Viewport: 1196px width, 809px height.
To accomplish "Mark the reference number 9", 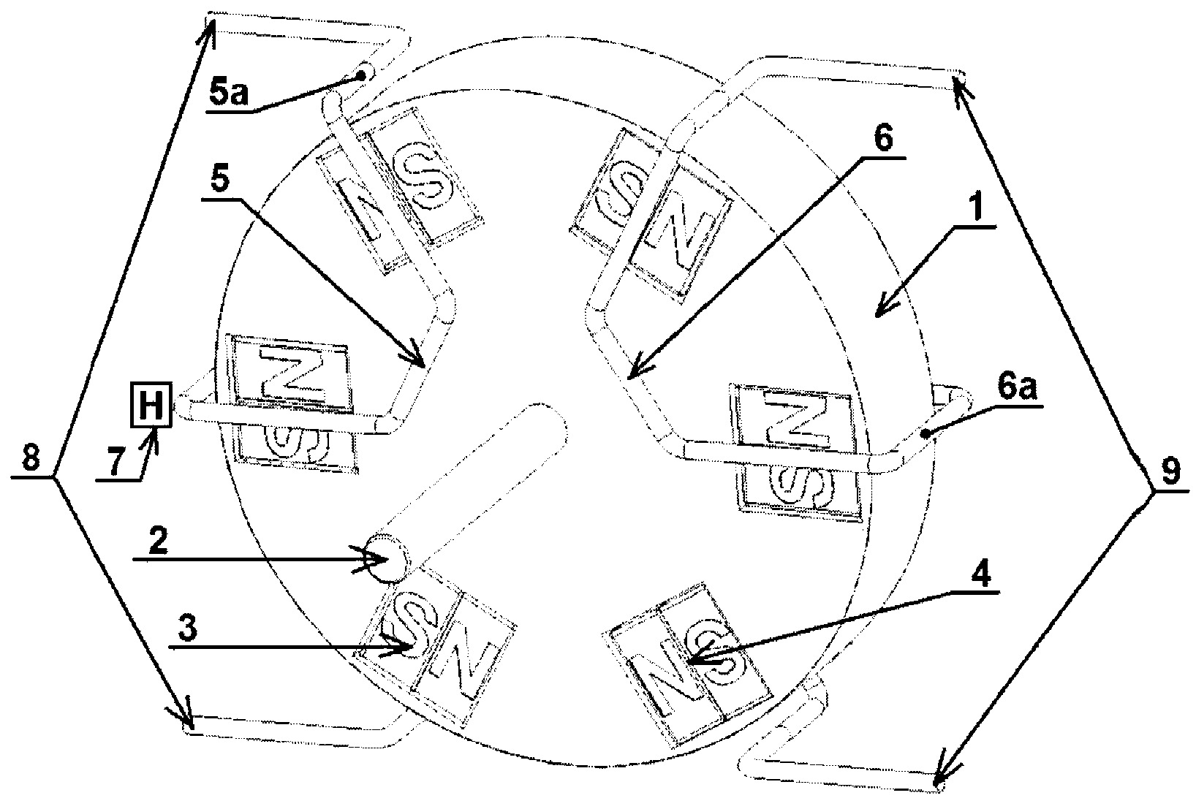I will [1170, 474].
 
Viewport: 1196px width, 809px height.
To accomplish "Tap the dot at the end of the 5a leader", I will [360, 75].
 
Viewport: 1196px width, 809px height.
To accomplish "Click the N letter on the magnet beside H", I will [295, 374].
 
